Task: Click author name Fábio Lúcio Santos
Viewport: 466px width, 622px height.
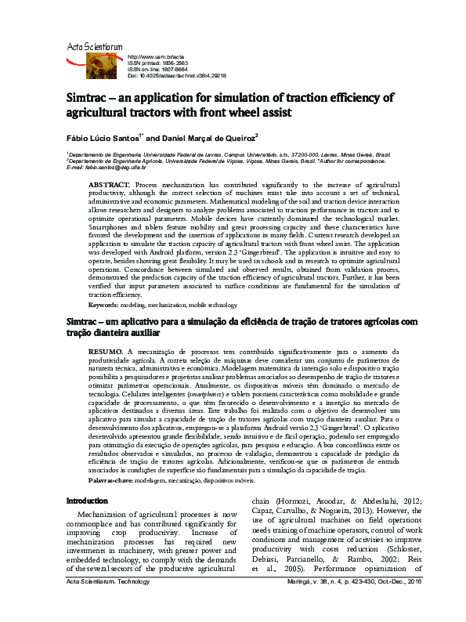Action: click(x=103, y=138)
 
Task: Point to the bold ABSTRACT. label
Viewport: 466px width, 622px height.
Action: click(x=109, y=183)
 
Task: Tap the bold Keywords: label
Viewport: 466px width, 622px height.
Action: click(x=103, y=304)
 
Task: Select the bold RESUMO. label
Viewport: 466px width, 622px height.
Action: click(x=107, y=352)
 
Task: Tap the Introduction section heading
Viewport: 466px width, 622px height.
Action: click(x=88, y=500)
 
